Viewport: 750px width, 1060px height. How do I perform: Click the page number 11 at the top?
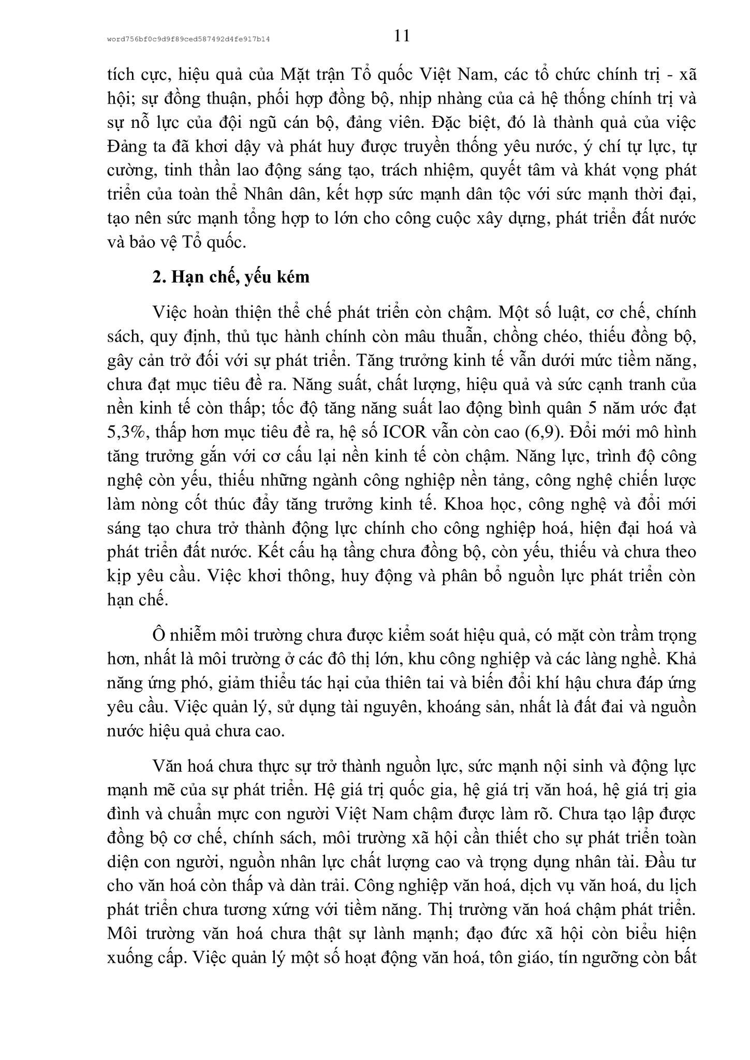click(402, 36)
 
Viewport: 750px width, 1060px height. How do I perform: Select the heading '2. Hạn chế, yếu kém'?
click(231, 277)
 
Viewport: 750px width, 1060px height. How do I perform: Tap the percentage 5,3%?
click(126, 432)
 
